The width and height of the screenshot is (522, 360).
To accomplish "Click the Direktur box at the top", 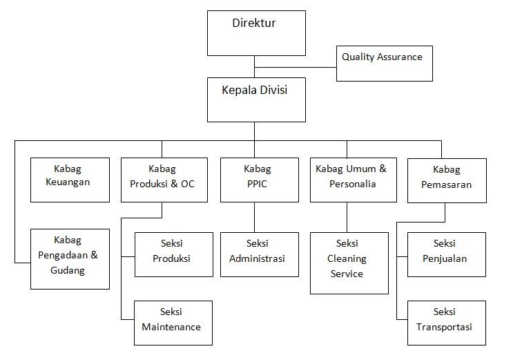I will (x=255, y=32).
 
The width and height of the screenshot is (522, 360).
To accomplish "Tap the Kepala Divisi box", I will (x=255, y=99).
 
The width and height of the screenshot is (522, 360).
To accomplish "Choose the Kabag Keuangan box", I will (x=70, y=180).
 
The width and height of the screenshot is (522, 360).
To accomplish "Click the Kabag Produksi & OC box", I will (x=164, y=180).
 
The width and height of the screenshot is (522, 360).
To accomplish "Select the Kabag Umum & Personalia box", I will (x=353, y=180).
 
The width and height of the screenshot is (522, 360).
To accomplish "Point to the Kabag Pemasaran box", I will (x=446, y=180).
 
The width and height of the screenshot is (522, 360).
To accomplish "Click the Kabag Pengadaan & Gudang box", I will (x=70, y=258).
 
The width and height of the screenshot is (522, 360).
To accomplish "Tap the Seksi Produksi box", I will (x=173, y=254).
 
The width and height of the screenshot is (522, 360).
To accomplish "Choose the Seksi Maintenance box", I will (x=173, y=323).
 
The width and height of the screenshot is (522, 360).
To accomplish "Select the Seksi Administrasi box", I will (x=259, y=254).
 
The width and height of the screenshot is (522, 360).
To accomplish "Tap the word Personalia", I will (x=352, y=184).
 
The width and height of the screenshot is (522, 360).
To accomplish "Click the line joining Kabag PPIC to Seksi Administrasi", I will (x=255, y=217).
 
